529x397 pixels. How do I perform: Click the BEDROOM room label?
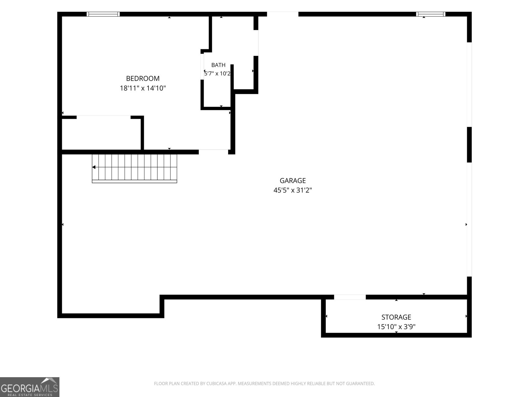143,78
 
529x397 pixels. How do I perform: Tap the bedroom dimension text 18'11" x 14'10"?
143,88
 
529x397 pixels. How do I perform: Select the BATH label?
218,65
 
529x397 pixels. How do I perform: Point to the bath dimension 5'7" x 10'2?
217,73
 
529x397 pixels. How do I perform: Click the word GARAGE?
293,181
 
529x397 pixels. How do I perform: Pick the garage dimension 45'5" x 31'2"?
293,191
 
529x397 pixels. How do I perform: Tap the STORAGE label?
396,317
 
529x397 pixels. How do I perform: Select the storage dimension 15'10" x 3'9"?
396,327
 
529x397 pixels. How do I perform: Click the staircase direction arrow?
94,167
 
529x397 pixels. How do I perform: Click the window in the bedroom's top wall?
103,14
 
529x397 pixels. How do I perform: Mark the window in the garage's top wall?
430,14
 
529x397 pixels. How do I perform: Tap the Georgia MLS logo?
30,387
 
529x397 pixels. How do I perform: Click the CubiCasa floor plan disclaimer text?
264,383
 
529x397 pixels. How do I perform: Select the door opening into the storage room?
350,297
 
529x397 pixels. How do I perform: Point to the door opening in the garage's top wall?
282,14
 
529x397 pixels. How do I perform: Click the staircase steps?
135,169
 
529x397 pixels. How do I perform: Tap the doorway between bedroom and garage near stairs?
213,152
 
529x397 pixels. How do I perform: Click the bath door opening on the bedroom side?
202,66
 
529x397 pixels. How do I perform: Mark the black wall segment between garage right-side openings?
469,145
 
